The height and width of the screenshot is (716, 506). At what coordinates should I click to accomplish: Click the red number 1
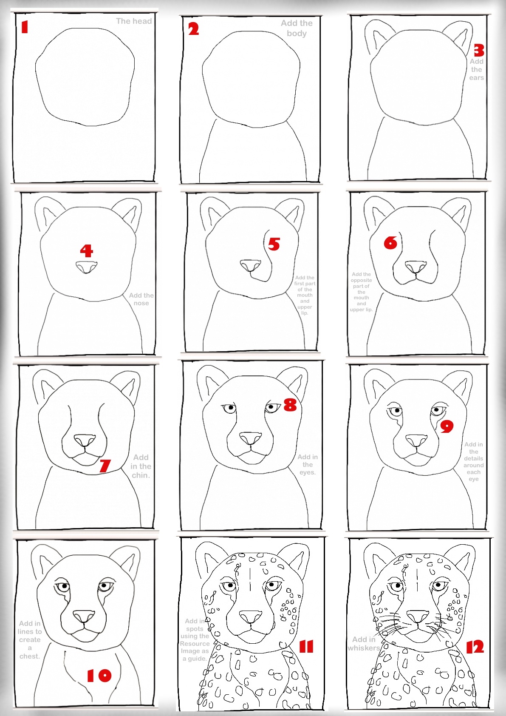pos(25,28)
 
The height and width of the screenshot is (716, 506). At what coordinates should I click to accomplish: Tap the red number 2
pos(193,29)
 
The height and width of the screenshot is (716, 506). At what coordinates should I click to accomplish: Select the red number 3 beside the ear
pos(479,51)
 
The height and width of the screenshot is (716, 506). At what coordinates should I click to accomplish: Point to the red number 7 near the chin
pos(105,466)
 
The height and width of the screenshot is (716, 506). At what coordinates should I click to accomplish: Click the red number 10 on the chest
pos(99,675)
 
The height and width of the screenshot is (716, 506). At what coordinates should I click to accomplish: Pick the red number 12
pos(475,647)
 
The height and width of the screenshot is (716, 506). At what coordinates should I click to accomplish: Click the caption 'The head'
pos(133,21)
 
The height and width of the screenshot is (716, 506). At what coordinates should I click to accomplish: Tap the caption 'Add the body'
pos(297,28)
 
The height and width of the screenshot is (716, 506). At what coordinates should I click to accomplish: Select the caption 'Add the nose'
pos(141,299)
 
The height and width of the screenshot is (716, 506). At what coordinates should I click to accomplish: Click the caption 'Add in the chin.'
pos(141,466)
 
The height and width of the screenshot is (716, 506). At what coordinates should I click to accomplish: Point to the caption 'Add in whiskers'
pos(364,643)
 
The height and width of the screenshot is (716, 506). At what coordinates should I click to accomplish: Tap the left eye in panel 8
pos(229,409)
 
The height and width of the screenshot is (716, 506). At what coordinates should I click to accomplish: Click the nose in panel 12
pos(418,616)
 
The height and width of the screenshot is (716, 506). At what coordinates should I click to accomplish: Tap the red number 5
pos(274,244)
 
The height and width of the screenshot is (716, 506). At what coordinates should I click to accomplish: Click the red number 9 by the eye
pos(446,426)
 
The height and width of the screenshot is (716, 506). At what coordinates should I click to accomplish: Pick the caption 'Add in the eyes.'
pos(307,464)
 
